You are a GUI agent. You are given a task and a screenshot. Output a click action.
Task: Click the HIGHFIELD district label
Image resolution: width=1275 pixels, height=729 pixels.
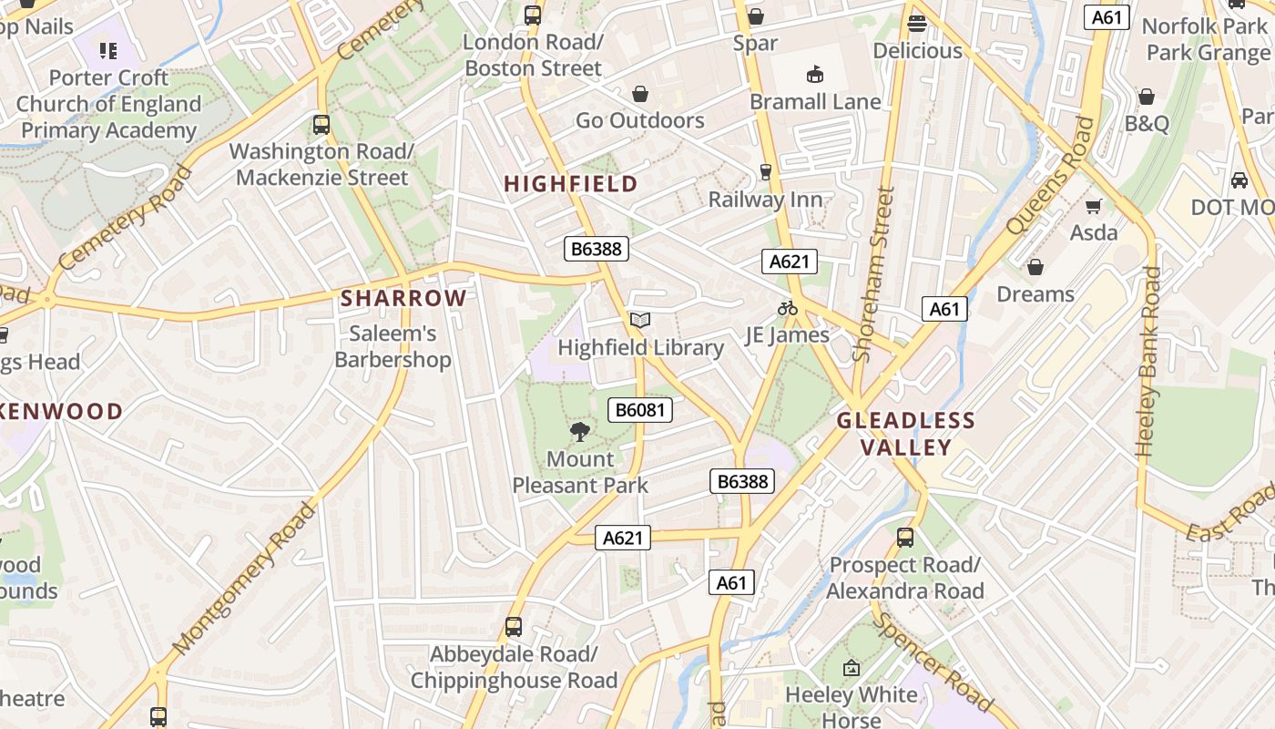(571, 184)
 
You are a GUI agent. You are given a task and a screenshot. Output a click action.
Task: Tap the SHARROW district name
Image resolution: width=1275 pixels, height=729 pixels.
(403, 298)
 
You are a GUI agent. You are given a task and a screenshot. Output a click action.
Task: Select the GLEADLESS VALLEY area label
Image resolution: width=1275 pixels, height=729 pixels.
(906, 434)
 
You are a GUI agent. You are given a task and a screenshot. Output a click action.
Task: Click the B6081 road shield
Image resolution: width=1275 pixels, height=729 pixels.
(640, 410)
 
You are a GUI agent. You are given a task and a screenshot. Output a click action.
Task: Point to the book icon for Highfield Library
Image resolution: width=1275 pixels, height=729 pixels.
(640, 321)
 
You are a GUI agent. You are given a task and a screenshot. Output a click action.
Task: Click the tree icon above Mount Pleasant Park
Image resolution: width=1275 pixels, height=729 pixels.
(579, 432)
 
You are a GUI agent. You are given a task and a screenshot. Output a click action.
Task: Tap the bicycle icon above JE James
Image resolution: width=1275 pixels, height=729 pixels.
(788, 308)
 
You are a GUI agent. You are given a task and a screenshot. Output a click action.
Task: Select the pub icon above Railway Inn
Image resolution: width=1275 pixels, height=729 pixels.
(766, 172)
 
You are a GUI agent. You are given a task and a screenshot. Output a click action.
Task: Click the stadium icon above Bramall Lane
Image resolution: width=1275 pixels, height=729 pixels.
(815, 75)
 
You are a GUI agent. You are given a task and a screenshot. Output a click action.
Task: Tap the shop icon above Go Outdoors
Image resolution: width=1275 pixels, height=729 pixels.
(640, 94)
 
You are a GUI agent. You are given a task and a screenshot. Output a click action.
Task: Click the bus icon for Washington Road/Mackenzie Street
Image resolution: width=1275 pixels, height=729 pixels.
(321, 125)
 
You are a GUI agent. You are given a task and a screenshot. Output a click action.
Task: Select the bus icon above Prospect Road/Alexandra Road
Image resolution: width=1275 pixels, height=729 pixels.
(904, 538)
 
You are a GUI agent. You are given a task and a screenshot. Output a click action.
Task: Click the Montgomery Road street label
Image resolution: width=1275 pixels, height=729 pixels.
(244, 579)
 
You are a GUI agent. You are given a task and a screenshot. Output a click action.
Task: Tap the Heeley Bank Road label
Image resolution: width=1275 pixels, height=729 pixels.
(1148, 362)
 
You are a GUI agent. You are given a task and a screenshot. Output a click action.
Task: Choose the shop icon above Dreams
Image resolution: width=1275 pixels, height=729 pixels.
(1035, 268)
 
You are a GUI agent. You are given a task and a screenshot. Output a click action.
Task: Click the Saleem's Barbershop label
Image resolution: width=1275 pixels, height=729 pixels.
(393, 347)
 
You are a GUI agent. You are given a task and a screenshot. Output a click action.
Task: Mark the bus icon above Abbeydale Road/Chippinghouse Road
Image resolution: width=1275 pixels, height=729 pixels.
(514, 627)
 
